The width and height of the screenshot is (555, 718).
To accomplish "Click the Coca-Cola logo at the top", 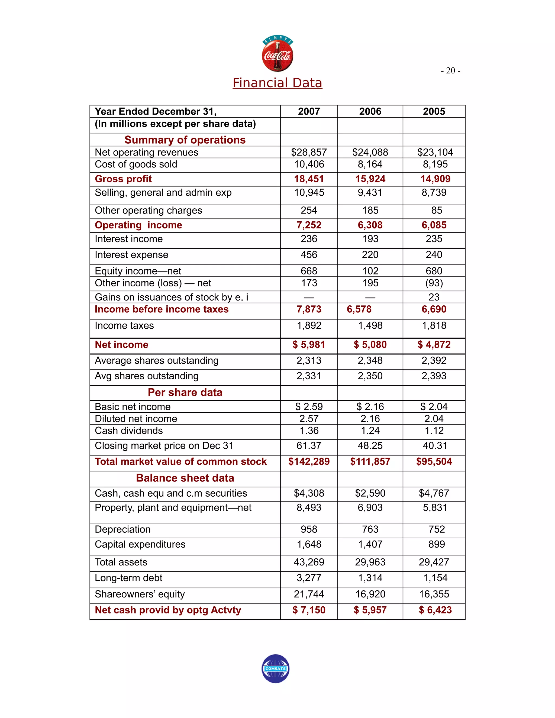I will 277,54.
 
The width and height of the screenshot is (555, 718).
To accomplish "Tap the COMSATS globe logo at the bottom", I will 276,668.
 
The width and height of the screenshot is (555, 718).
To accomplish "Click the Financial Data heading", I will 277,83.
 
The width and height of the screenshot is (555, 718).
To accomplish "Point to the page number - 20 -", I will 450,71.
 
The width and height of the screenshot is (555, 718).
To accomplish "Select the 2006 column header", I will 370,111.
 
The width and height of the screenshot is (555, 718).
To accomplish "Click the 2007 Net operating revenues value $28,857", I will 309,152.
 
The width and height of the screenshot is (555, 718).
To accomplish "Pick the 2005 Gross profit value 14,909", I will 435,179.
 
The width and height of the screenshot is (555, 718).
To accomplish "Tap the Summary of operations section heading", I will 185,140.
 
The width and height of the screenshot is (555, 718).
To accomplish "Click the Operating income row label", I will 138,225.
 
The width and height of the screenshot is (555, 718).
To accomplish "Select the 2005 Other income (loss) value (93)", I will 434,283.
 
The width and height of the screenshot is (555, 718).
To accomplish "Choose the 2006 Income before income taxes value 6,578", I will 359,309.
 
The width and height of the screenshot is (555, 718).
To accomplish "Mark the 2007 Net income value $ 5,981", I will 309,345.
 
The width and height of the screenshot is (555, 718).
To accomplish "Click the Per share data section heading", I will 185,393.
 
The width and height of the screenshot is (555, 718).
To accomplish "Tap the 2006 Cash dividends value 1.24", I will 370,431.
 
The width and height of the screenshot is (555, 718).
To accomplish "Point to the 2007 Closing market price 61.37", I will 309,446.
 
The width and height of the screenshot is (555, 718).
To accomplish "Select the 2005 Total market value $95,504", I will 434,462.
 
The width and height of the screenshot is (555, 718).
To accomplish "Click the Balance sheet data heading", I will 185,478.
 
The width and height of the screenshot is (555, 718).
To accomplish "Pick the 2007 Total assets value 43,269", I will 309,562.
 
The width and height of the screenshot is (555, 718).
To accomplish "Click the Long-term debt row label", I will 128,578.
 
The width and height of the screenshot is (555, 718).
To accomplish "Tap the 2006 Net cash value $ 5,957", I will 370,610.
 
